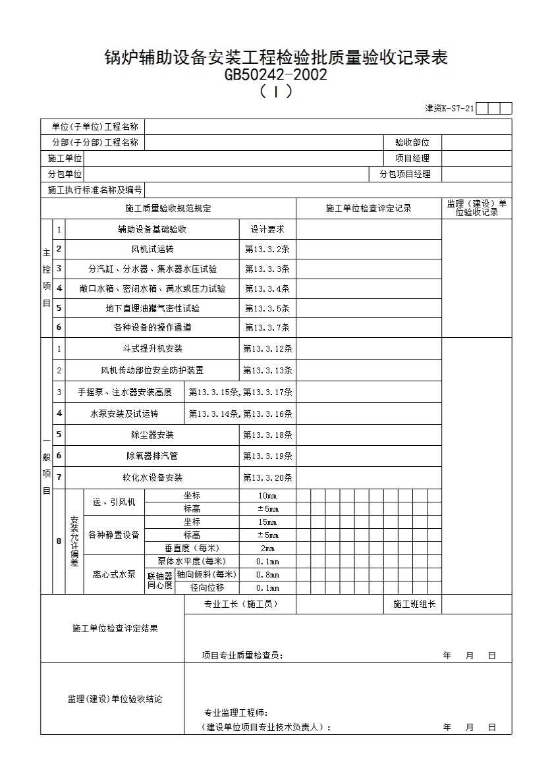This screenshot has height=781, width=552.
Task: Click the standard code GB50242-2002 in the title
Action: (x=275, y=75)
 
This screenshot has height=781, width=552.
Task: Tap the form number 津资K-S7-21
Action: (x=449, y=109)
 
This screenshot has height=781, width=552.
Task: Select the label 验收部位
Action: (x=412, y=142)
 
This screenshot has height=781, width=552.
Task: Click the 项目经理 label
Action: (x=412, y=158)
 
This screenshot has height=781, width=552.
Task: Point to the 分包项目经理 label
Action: (x=404, y=174)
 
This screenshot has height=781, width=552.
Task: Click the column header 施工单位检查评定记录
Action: (x=368, y=209)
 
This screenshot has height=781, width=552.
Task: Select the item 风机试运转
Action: (x=152, y=249)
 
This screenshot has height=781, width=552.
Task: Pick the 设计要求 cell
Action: (x=267, y=229)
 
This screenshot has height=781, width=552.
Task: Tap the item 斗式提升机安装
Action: (x=152, y=348)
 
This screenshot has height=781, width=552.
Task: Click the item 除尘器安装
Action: (x=152, y=435)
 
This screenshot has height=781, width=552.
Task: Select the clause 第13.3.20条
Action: (x=267, y=477)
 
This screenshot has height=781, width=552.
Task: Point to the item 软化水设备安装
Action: (x=152, y=477)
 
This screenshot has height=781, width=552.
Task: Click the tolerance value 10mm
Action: (x=267, y=496)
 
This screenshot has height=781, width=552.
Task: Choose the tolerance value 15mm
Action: (x=267, y=522)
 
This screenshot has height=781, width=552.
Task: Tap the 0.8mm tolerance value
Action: (x=267, y=575)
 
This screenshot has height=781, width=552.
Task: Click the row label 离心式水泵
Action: (x=114, y=574)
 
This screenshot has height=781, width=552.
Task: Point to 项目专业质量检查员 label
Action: (x=242, y=655)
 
